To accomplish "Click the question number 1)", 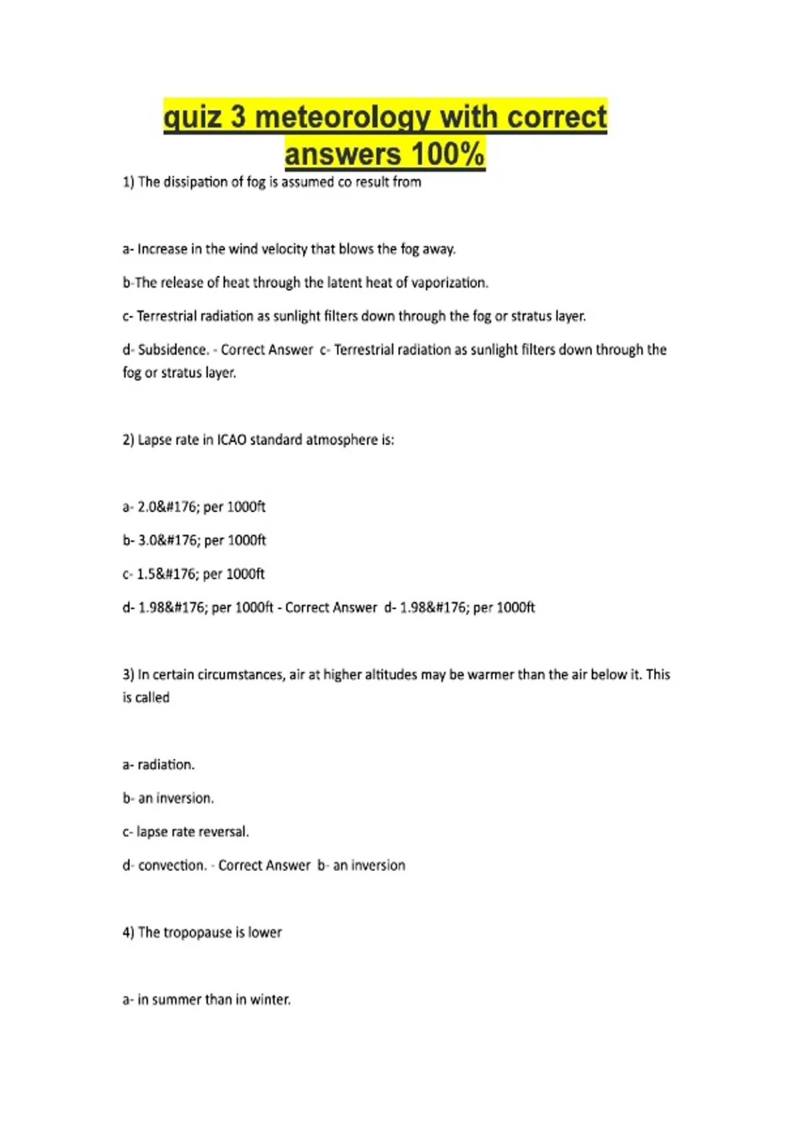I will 129,182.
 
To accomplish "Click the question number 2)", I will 129,439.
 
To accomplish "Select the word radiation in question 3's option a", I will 166,764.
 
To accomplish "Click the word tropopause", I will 198,932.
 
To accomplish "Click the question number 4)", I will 129,932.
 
